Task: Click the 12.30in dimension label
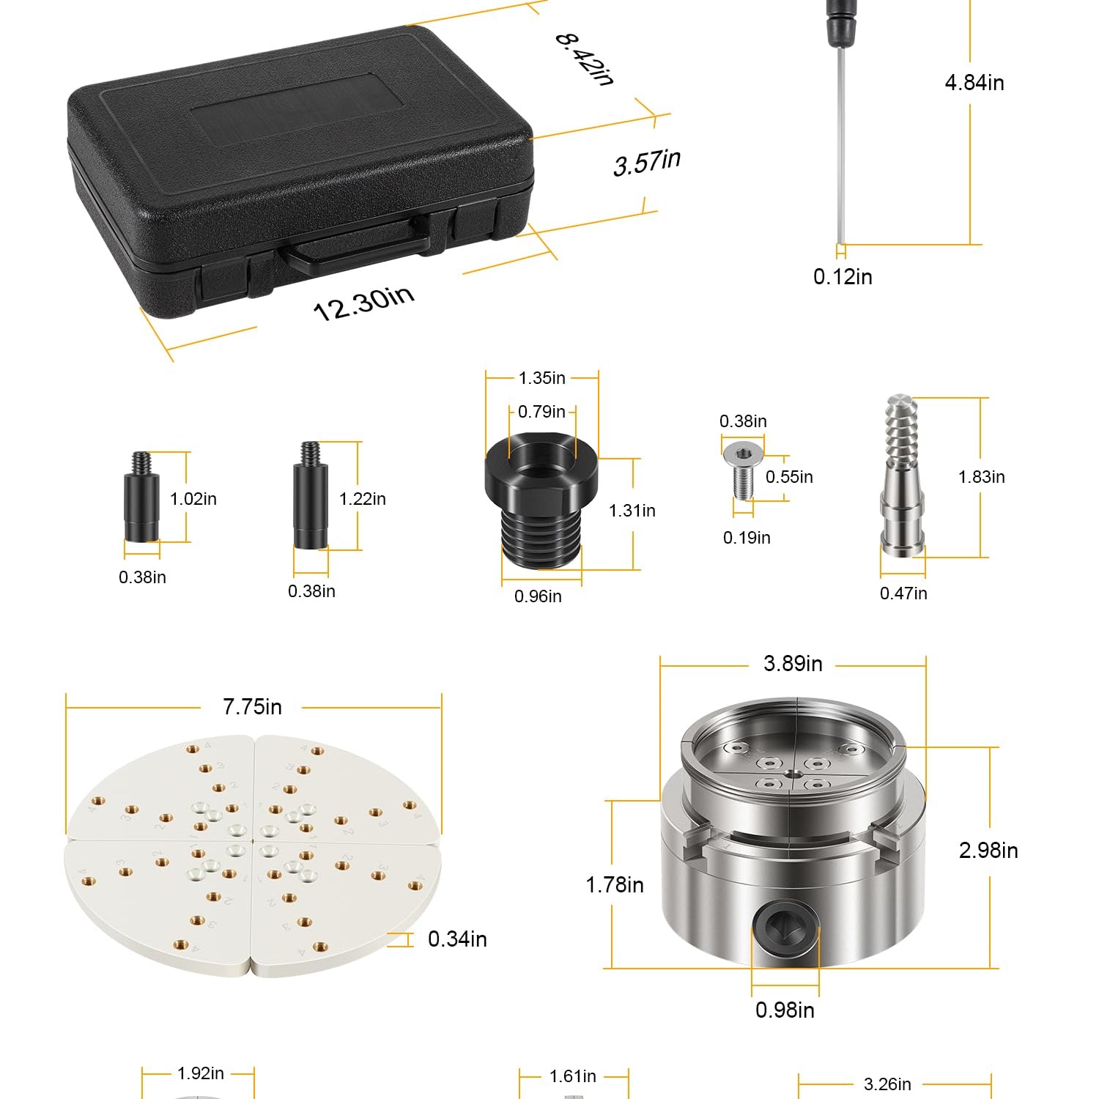(x=364, y=302)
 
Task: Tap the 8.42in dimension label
(x=584, y=59)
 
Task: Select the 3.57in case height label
(x=647, y=162)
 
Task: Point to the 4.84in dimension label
(x=974, y=83)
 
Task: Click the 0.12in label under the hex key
(x=843, y=276)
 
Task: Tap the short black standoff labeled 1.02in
(x=141, y=497)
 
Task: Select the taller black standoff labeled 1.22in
(x=311, y=495)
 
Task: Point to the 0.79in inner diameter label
(x=541, y=412)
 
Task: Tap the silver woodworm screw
(x=902, y=476)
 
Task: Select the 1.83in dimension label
(x=981, y=477)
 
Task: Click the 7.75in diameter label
(x=252, y=707)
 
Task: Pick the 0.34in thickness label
(x=457, y=939)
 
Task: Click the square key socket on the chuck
(x=785, y=931)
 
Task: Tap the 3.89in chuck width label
(x=793, y=664)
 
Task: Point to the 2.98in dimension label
(x=988, y=851)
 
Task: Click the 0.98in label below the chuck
(x=785, y=1010)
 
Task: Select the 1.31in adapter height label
(x=632, y=511)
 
